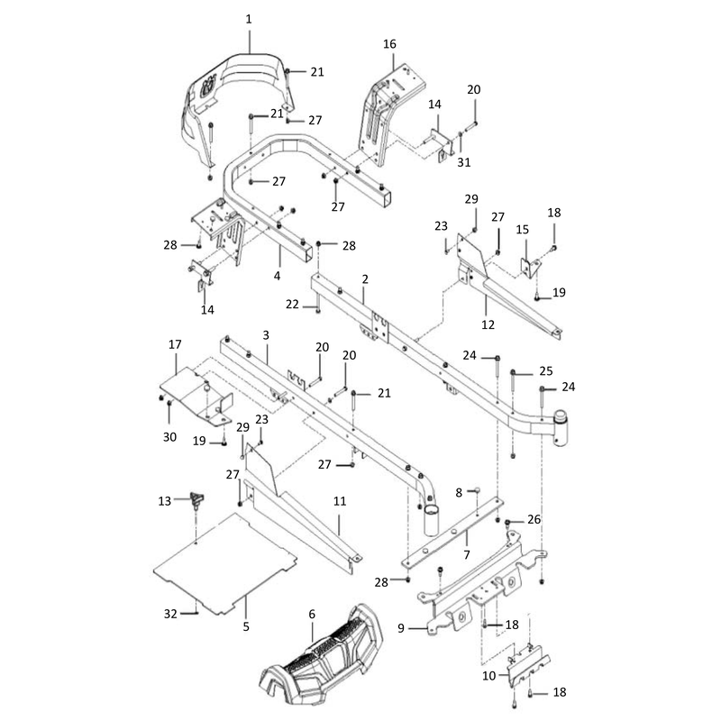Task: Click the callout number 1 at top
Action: [x=249, y=19]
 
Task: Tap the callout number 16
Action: [x=389, y=44]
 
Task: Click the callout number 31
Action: [x=463, y=162]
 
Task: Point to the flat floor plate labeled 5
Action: [x=224, y=564]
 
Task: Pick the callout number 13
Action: [x=164, y=501]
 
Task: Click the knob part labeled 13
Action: [x=196, y=500]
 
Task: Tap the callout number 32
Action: [x=170, y=614]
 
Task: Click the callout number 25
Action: [x=546, y=371]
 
